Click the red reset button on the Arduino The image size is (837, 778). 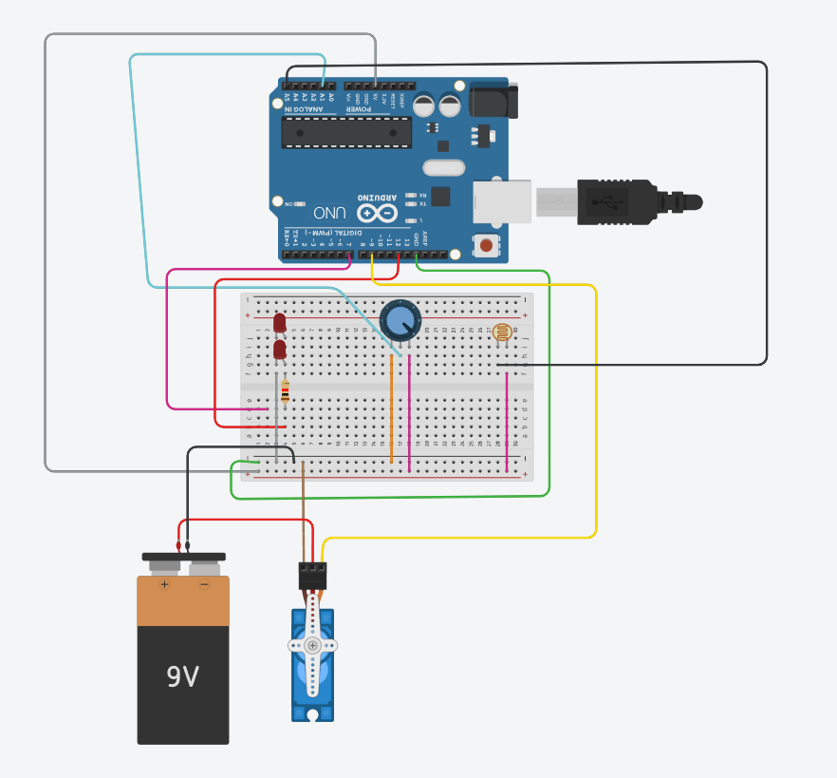tap(486, 245)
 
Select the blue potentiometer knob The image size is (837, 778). tap(400, 319)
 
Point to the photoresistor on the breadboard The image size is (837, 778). tap(502, 332)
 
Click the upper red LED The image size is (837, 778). tap(279, 324)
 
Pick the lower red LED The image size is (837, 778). tap(280, 351)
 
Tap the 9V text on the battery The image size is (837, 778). tap(182, 676)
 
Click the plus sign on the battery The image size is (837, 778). tap(163, 584)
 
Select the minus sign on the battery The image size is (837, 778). tap(204, 584)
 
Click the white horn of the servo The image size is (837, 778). tap(312, 645)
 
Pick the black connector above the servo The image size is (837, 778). tap(312, 576)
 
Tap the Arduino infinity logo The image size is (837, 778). tap(376, 214)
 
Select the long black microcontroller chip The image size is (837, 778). tap(345, 133)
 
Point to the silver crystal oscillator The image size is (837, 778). tap(443, 168)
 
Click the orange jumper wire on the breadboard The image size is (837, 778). tap(392, 408)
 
